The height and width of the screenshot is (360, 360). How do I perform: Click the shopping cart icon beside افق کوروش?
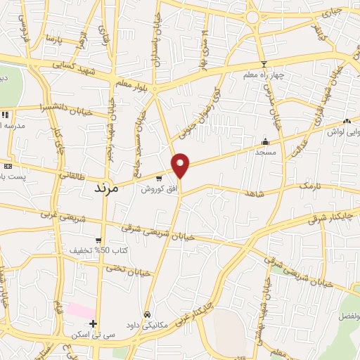[160, 179]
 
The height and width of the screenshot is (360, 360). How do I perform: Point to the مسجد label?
[265, 151]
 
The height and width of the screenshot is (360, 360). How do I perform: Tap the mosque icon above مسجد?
[265, 141]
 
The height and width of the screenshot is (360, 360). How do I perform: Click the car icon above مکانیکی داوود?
[147, 314]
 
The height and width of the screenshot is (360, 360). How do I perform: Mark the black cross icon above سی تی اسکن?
[93, 323]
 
